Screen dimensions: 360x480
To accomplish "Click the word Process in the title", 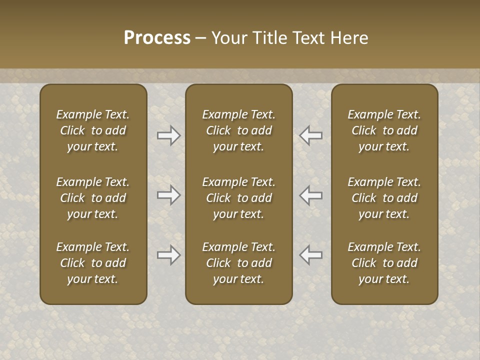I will coord(157,38).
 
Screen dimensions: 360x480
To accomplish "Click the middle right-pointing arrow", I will coord(168,195).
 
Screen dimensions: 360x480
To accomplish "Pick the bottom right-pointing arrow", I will coord(168,255).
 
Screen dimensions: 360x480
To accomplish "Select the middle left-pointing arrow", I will coord(311,195).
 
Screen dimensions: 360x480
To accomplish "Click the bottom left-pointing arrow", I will coord(311,255).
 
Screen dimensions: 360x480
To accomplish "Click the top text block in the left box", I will coord(93,130).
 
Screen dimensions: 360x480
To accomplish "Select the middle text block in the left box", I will coord(93,198).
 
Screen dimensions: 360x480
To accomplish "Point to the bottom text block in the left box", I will coord(93,263).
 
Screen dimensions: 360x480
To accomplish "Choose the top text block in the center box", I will coord(238,130).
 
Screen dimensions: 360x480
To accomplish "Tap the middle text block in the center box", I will coord(238,198).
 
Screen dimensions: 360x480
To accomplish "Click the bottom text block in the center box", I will coord(238,263).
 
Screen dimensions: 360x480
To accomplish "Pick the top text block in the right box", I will coord(384,130).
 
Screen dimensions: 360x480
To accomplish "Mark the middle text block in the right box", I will coord(384,198).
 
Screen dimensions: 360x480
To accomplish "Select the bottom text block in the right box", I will coord(384,263).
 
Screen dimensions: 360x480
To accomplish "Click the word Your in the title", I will coord(228,38).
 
